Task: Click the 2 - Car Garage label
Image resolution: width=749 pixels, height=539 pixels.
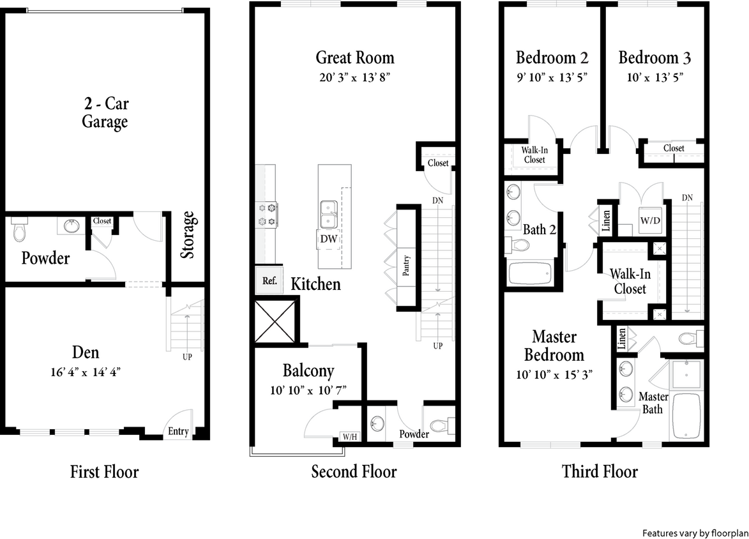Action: point(105,112)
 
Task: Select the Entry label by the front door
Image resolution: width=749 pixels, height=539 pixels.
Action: point(178,432)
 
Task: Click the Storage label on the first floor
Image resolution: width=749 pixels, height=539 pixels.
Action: point(188,235)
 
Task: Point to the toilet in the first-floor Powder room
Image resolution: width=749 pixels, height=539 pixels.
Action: point(20,231)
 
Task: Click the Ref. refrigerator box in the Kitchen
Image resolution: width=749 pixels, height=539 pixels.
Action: point(269,280)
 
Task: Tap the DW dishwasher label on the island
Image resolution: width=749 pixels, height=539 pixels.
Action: point(329,239)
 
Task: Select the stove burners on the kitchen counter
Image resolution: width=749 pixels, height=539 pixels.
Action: point(266,214)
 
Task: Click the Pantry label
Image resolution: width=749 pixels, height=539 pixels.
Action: point(406,265)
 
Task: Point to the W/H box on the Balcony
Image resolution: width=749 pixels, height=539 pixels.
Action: point(349,437)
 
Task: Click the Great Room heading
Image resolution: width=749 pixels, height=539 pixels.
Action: point(355,57)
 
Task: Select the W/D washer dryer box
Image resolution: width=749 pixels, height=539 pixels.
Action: point(651,221)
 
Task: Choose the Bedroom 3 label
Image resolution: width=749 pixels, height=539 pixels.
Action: point(654,57)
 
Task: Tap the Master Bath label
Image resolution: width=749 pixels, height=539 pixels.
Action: point(653,403)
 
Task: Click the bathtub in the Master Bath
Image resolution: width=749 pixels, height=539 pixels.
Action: point(686,415)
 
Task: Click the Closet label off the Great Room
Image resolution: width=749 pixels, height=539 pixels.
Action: point(438,163)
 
